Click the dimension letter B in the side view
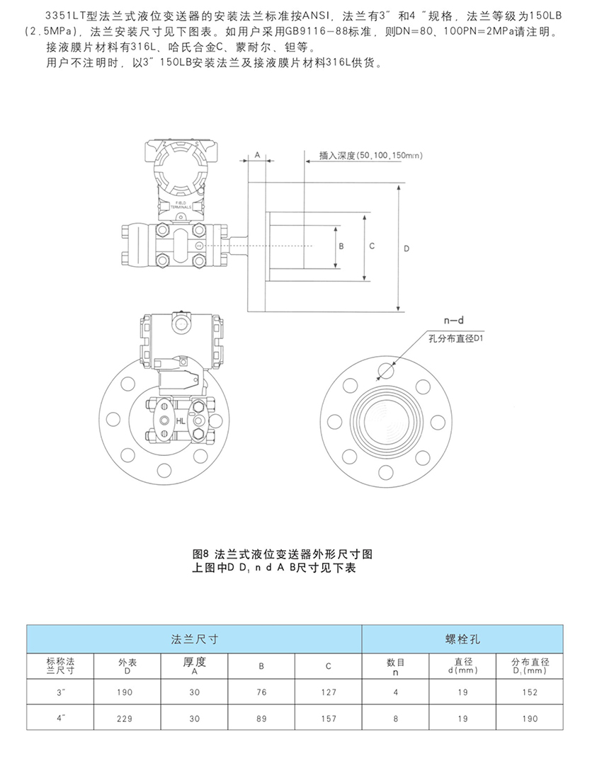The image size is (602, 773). pyautogui.click(x=341, y=246)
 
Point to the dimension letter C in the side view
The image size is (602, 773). pyautogui.click(x=372, y=246)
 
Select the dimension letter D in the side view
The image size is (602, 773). pyautogui.click(x=406, y=248)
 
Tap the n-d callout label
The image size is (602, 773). pyautogui.click(x=443, y=321)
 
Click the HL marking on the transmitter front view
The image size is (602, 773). pyautogui.click(x=181, y=421)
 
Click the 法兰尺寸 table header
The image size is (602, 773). pyautogui.click(x=194, y=639)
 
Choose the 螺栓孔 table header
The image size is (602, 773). pyautogui.click(x=464, y=639)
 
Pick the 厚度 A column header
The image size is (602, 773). pyautogui.click(x=194, y=665)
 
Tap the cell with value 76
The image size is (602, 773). pyautogui.click(x=261, y=692)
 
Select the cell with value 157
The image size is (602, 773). pyautogui.click(x=328, y=718)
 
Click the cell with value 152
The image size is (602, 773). pyautogui.click(x=530, y=692)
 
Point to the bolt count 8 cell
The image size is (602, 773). pyautogui.click(x=395, y=718)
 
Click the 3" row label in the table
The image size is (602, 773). pyautogui.click(x=61, y=692)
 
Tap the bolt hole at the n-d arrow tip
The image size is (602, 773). pyautogui.click(x=387, y=370)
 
